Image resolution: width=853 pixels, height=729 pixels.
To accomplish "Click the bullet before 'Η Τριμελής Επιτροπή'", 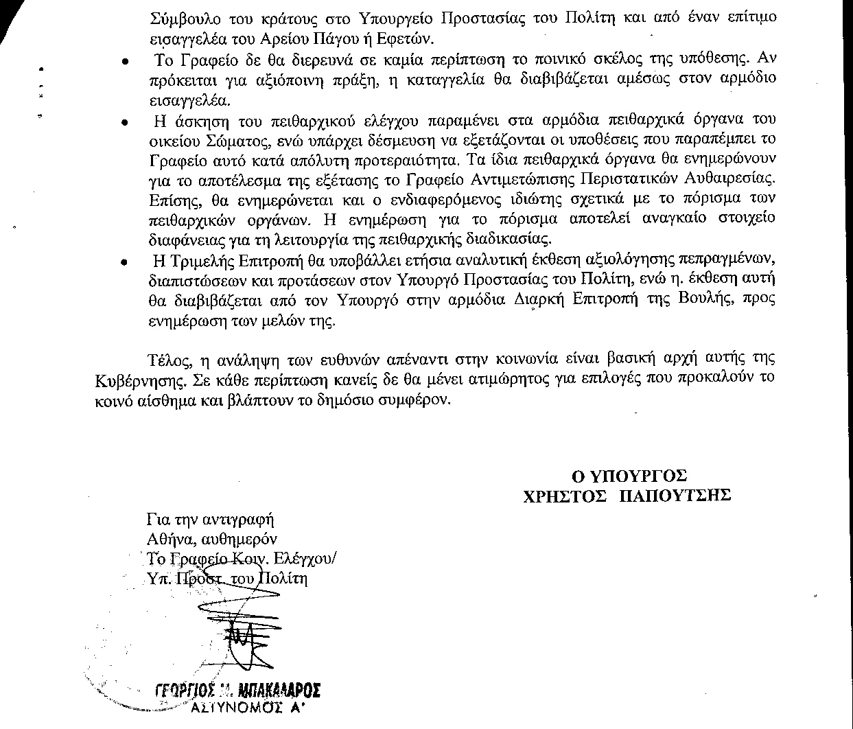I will click(x=124, y=263).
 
